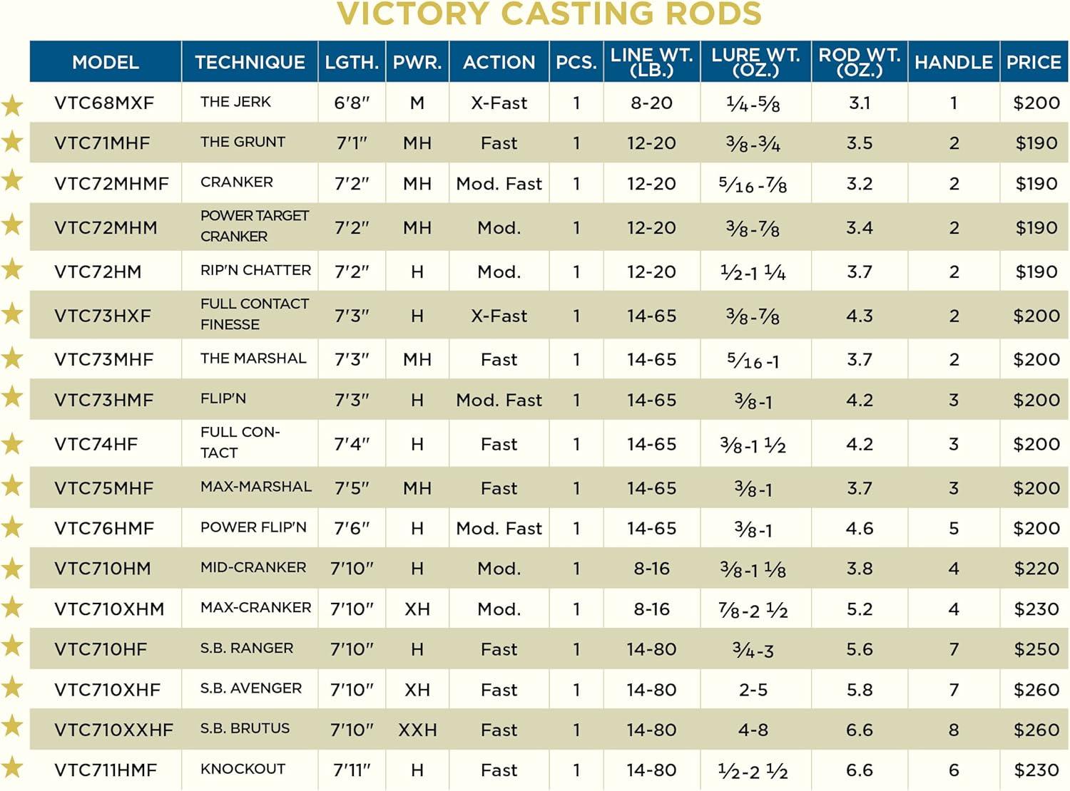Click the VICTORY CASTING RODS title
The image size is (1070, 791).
pyautogui.click(x=549, y=14)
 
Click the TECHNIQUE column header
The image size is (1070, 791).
pyautogui.click(x=250, y=63)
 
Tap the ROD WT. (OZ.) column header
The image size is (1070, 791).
pyautogui.click(x=859, y=63)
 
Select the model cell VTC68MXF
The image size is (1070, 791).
pyautogui.click(x=104, y=103)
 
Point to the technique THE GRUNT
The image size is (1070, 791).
pyautogui.click(x=243, y=142)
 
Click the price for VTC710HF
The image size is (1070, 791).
pyautogui.click(x=1036, y=649)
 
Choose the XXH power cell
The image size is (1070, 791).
pyautogui.click(x=417, y=730)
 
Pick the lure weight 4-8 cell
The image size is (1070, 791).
pyautogui.click(x=753, y=730)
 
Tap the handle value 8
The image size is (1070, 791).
pyautogui.click(x=954, y=730)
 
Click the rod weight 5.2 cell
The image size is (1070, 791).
pyautogui.click(x=859, y=609)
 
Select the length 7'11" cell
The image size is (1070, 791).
pyautogui.click(x=352, y=770)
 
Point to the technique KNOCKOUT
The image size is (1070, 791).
pyautogui.click(x=243, y=769)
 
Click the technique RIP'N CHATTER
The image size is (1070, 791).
pyautogui.click(x=255, y=270)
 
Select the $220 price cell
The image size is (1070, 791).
pyautogui.click(x=1036, y=569)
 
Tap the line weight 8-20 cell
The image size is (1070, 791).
pyautogui.click(x=651, y=103)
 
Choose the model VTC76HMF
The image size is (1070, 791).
pyautogui.click(x=104, y=529)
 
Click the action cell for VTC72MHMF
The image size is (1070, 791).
pyautogui.click(x=499, y=184)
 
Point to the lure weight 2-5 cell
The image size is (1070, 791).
pyautogui.click(x=753, y=690)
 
